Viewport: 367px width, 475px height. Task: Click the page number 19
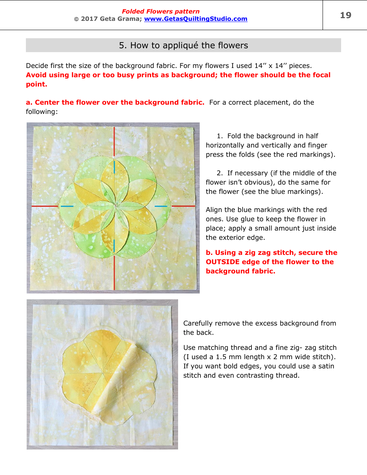point(345,15)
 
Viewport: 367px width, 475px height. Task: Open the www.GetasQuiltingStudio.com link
point(195,19)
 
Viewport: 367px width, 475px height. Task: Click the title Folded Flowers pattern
point(161,12)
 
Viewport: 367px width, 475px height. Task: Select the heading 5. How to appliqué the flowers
point(183,45)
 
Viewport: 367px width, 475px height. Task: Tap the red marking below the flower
point(114,272)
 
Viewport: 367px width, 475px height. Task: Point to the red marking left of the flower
point(44,206)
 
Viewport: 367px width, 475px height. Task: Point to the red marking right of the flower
point(183,206)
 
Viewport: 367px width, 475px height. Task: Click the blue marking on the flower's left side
point(67,206)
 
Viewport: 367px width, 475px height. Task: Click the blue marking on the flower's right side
point(161,206)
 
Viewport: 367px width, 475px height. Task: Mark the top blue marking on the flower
point(114,167)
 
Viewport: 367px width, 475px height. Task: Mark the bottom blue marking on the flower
point(114,246)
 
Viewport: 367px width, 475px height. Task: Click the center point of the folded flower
point(114,207)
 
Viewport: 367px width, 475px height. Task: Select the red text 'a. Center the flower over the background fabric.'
point(115,102)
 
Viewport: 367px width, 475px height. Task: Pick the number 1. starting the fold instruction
point(220,136)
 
